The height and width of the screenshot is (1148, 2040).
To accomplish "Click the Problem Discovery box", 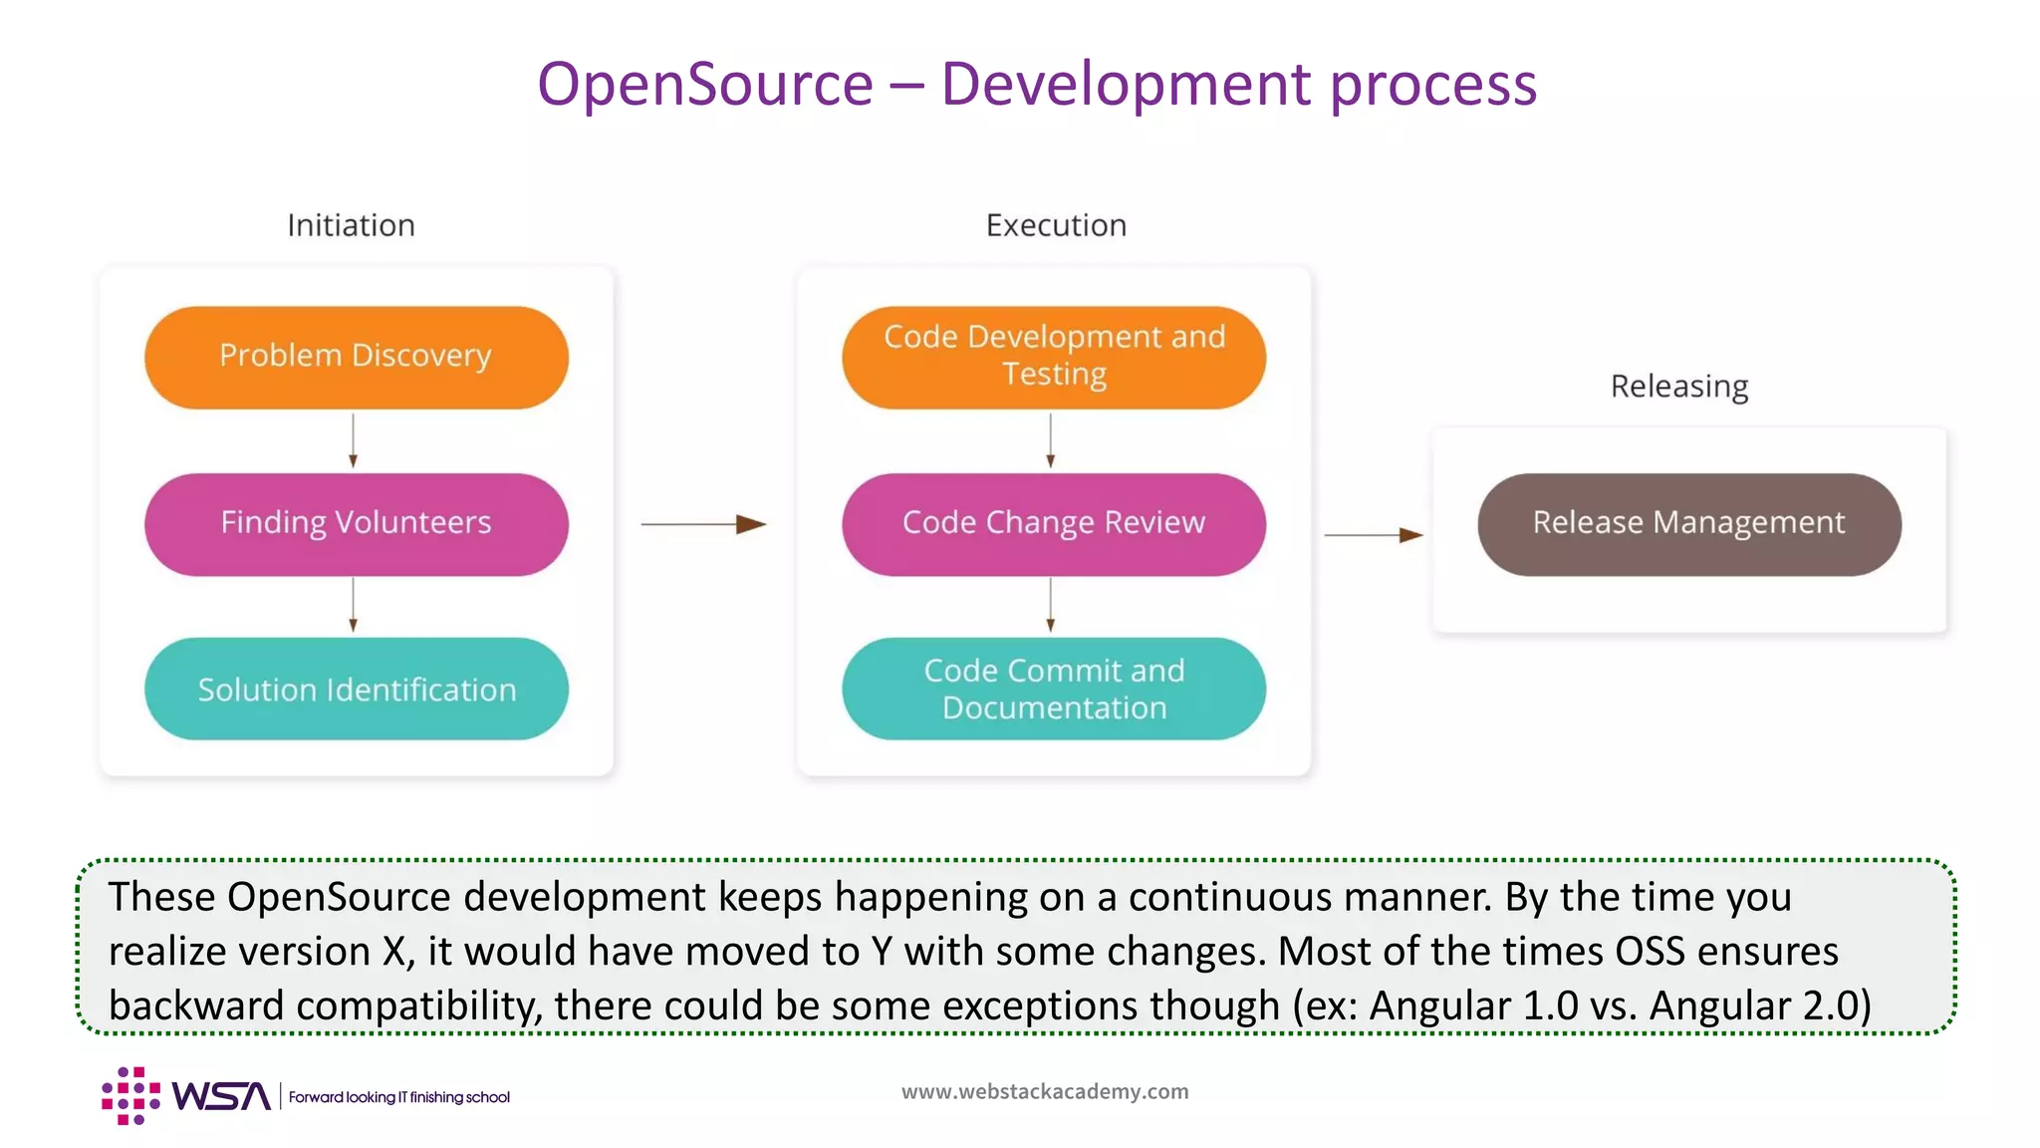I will click(356, 357).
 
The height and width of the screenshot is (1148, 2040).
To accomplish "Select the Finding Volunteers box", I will click(356, 524).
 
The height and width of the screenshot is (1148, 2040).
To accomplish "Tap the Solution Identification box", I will click(356, 690).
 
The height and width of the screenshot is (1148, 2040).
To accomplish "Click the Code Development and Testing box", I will click(1054, 357).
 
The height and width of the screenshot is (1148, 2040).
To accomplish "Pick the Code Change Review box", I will click(1054, 524).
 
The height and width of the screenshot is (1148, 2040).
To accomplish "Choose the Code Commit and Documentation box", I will click(1054, 690).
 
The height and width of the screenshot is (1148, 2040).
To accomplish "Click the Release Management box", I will click(1688, 524).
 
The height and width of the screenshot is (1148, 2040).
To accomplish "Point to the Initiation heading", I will click(351, 225).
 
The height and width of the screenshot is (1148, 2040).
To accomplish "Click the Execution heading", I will click(1056, 225).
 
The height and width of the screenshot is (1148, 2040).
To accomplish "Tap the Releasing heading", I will click(1679, 386).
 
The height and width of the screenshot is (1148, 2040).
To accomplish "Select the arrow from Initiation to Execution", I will click(703, 524).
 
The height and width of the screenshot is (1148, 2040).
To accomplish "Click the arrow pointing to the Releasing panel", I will click(1373, 535).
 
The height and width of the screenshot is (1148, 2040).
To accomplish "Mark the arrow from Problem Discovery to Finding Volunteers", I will click(354, 440).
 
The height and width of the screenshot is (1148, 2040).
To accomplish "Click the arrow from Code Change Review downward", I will click(1051, 605).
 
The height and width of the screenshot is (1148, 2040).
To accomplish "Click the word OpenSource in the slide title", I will click(705, 84).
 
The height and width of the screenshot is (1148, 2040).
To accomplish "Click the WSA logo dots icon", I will click(130, 1096).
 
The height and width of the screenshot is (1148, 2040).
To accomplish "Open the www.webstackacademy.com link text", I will click(1045, 1091).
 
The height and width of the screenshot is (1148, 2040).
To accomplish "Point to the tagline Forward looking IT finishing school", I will click(399, 1097).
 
